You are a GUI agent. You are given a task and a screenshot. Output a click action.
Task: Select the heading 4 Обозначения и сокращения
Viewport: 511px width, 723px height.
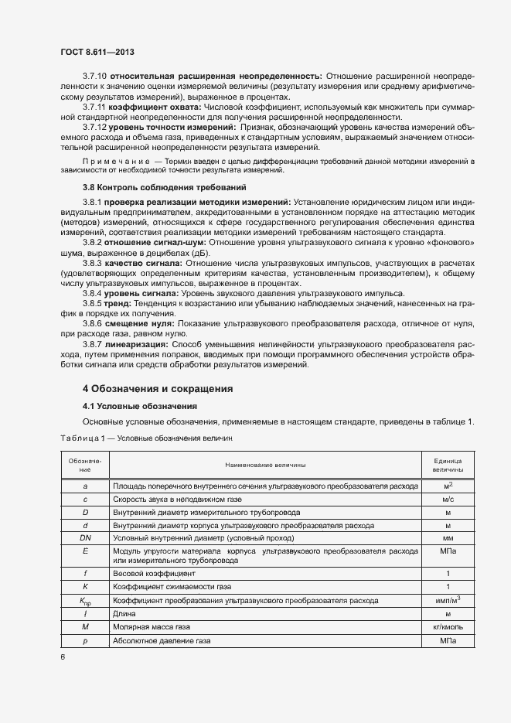point(158,388)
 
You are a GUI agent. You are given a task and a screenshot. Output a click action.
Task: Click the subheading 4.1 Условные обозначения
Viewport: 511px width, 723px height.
point(139,406)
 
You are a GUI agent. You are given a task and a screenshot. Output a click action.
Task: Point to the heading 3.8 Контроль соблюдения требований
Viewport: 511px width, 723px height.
point(164,187)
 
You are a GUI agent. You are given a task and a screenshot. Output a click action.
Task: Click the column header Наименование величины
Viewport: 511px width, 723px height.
point(265,465)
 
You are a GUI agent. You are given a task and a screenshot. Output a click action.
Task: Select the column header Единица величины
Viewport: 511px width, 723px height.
point(448,465)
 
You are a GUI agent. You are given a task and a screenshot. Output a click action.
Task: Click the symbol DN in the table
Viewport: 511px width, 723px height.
point(85,537)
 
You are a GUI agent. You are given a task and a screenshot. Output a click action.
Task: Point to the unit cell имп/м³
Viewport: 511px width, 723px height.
point(448,600)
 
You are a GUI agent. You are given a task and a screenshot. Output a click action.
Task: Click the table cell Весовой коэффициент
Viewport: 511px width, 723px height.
point(154,574)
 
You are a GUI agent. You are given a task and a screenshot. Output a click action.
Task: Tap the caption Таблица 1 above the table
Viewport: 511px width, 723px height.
point(87,438)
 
